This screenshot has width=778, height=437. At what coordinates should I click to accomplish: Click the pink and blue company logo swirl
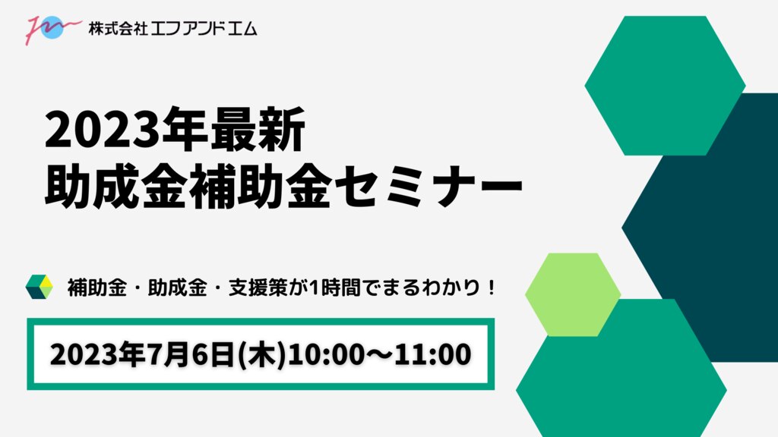52,29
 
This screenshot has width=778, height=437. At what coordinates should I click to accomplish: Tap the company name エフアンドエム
204,28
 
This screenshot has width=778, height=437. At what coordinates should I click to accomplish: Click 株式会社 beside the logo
118,28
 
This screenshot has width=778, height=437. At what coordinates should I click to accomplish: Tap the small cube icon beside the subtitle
40,286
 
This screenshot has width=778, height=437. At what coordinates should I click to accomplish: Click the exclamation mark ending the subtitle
492,288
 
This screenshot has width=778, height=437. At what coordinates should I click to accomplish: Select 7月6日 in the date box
198,355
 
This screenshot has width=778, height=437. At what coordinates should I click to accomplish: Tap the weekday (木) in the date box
262,355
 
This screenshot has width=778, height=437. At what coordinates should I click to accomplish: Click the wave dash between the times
380,355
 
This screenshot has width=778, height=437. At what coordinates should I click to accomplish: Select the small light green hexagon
573,295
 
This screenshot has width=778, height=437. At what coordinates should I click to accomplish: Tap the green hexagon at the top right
665,85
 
